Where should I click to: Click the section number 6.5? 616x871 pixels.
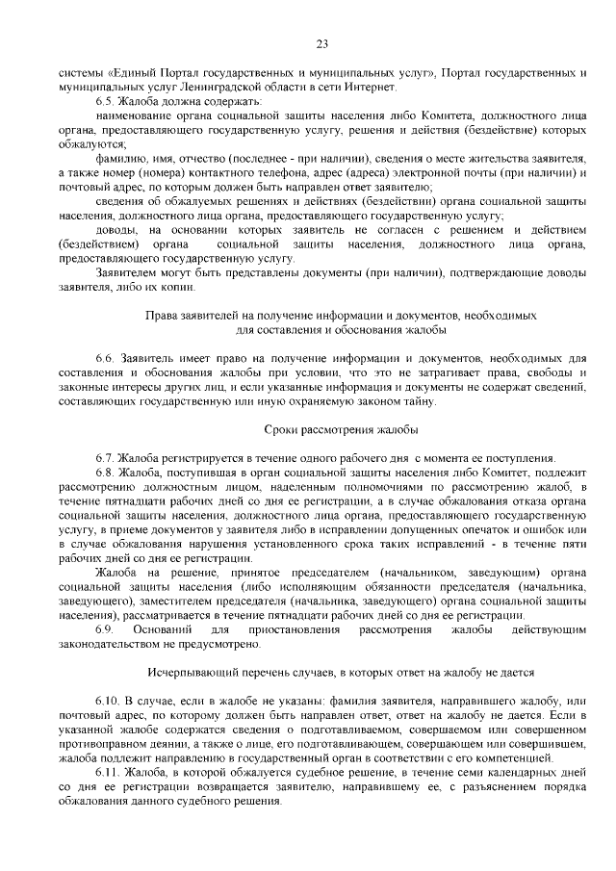tap(105, 100)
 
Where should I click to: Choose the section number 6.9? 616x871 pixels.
tap(105, 628)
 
